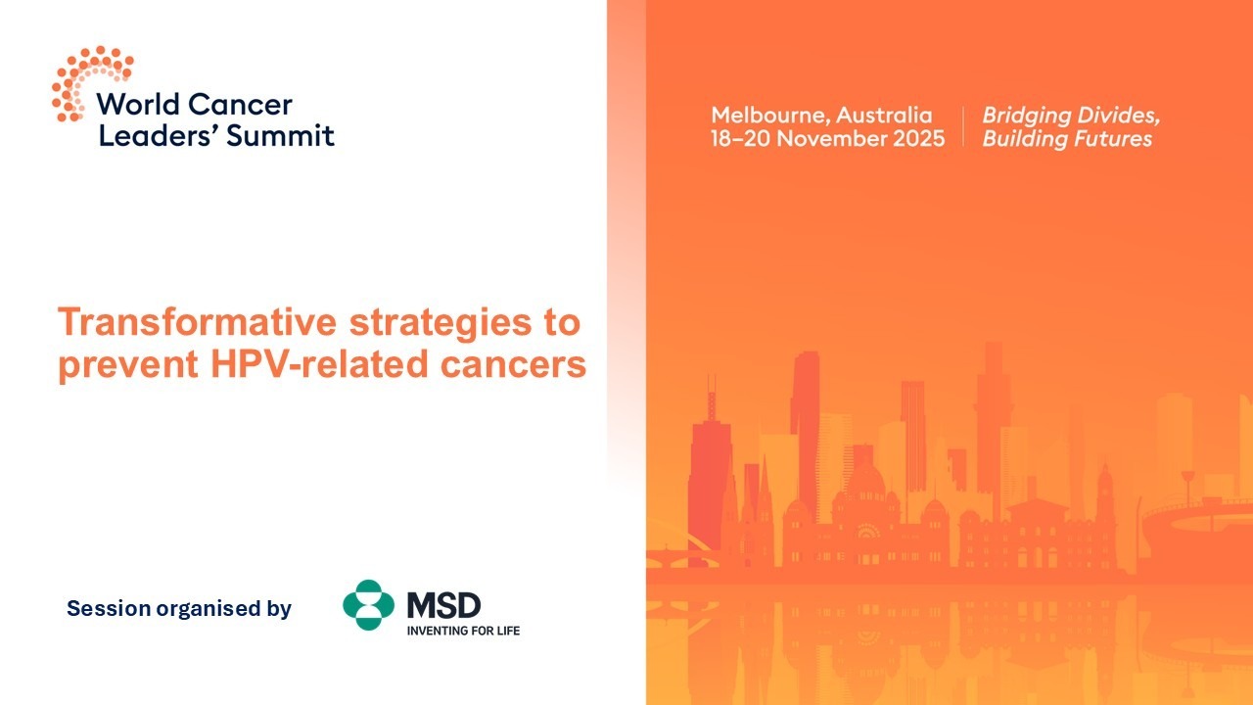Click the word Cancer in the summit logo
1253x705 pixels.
coord(240,105)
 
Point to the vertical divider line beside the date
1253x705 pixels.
coord(963,126)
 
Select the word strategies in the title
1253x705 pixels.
coord(441,323)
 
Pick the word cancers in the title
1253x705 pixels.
coord(513,365)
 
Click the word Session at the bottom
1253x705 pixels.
coord(109,608)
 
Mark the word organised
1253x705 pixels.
coord(209,609)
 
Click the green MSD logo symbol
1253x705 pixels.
coord(368,605)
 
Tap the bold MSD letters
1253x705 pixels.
coord(443,605)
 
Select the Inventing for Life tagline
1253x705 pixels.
coord(463,631)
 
